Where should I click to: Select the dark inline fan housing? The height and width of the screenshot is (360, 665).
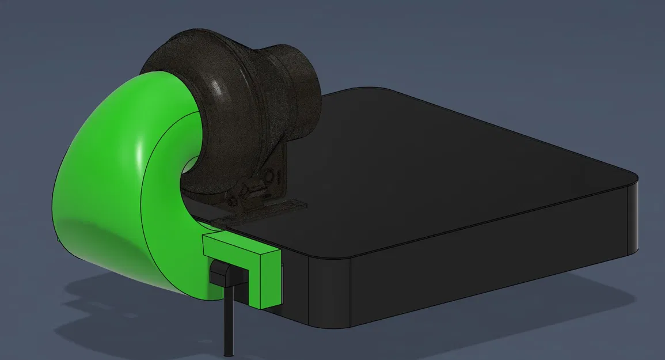click(x=230, y=98)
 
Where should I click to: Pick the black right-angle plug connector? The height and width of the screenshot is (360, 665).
click(x=222, y=274)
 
